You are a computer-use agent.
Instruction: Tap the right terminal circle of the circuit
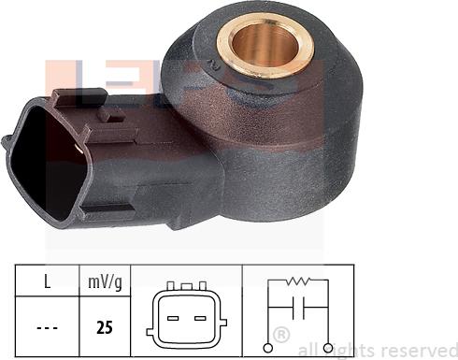329,348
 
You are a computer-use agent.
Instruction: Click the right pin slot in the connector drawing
199,317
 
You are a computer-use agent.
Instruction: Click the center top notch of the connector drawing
187,285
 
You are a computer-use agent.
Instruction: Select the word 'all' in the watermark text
308,350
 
